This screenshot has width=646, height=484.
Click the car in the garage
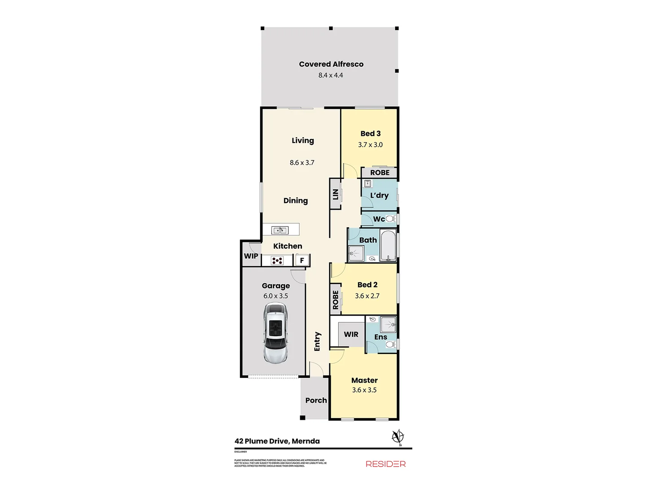[275, 332]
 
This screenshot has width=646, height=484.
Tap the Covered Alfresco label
[331, 64]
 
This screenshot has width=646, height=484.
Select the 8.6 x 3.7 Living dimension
[302, 163]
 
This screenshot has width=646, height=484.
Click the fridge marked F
[302, 260]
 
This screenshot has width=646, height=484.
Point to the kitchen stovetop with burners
[277, 260]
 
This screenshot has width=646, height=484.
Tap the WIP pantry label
[251, 256]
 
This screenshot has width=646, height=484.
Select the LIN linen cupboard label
[335, 194]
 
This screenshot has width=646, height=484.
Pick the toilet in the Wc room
[390, 219]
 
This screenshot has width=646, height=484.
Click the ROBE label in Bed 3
[380, 173]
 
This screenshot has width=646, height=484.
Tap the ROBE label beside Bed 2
[336, 300]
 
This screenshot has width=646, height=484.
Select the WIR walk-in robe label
[351, 334]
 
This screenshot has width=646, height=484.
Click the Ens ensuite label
[380, 337]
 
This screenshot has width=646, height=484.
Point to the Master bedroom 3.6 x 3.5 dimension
[364, 390]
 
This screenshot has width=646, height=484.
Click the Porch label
[316, 400]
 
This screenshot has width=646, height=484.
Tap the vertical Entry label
[318, 341]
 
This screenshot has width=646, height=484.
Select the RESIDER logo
[386, 464]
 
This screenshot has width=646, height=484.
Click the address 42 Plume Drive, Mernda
[277, 441]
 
